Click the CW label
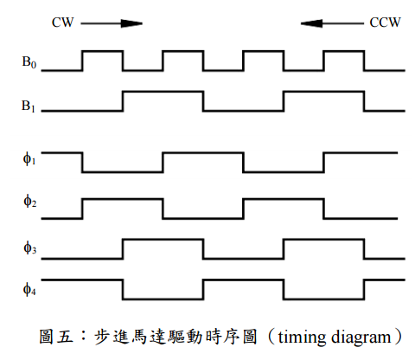[62, 22]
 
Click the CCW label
[385, 22]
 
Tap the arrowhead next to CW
[131, 23]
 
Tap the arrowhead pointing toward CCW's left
[311, 23]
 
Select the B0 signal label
[29, 62]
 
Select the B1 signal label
[29, 106]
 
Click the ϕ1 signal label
[29, 158]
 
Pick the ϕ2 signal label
[29, 201]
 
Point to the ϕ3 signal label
[29, 247]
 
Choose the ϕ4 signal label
[29, 289]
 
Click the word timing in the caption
[303, 337]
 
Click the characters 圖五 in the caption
[56, 337]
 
